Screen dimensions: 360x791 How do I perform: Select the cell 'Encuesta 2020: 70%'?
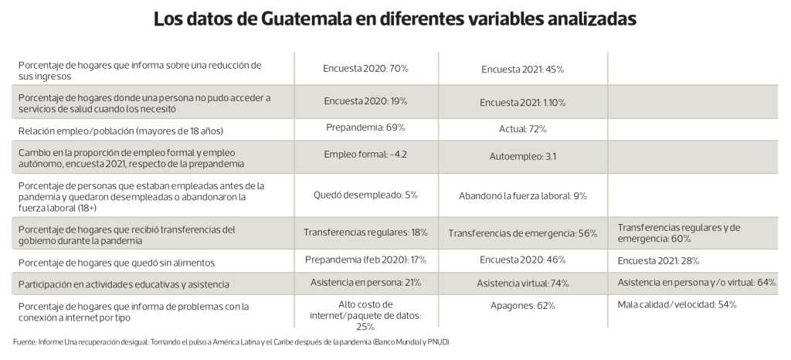click(x=365, y=69)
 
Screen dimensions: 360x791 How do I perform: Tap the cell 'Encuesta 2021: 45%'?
click(x=522, y=70)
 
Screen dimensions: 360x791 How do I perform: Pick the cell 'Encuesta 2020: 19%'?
click(x=365, y=101)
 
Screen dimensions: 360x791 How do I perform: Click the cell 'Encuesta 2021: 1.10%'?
click(x=522, y=102)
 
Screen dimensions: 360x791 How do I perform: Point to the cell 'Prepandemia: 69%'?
click(x=365, y=127)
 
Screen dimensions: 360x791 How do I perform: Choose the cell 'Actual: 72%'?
click(x=522, y=128)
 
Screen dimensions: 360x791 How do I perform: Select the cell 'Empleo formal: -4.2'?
click(x=365, y=154)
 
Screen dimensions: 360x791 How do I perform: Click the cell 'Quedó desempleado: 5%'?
click(x=365, y=195)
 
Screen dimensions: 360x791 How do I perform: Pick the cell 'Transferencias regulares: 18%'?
click(x=365, y=232)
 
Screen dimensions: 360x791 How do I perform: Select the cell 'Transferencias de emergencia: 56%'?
click(x=522, y=233)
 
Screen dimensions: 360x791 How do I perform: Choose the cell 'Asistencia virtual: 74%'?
click(x=522, y=283)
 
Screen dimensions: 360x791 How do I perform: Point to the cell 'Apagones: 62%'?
click(x=522, y=305)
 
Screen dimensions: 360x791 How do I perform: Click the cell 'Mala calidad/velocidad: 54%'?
click(x=677, y=304)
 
